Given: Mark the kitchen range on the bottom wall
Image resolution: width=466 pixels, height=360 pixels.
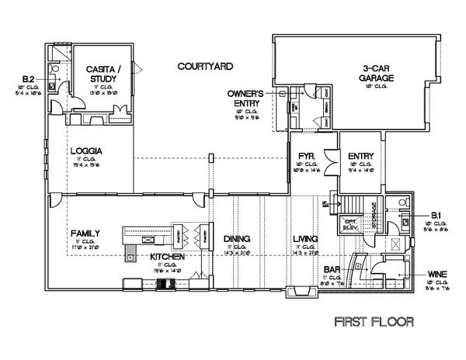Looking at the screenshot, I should pyautogui.click(x=165, y=284).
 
